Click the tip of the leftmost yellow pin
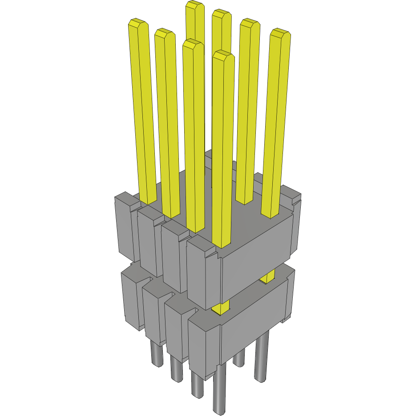[138, 23]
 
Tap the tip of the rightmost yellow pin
[281, 32]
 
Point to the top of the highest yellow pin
[195, 5]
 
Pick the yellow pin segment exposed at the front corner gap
[221, 307]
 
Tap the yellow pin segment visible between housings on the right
[267, 277]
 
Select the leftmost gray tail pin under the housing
[157, 354]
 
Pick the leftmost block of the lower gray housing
[131, 298]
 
